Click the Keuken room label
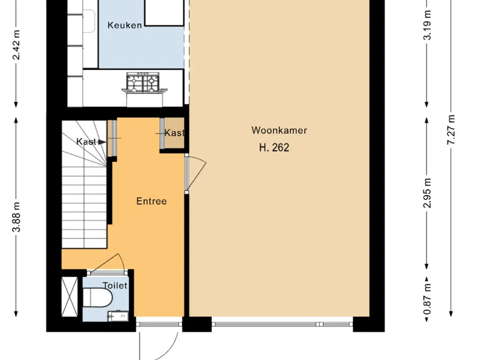[124, 25]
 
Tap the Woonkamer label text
[279, 130]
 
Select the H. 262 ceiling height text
[274, 147]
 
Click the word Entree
[152, 201]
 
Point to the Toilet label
[115, 285]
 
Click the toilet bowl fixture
[97, 298]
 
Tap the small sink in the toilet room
[118, 316]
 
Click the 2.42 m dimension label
[16, 45]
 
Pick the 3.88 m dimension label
[16, 217]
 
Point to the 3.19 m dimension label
[427, 25]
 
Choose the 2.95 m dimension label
[427, 193]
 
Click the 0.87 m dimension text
[427, 298]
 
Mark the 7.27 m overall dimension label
[451, 130]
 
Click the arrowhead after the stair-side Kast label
[102, 142]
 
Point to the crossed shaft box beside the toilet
[69, 297]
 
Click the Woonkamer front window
[282, 324]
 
